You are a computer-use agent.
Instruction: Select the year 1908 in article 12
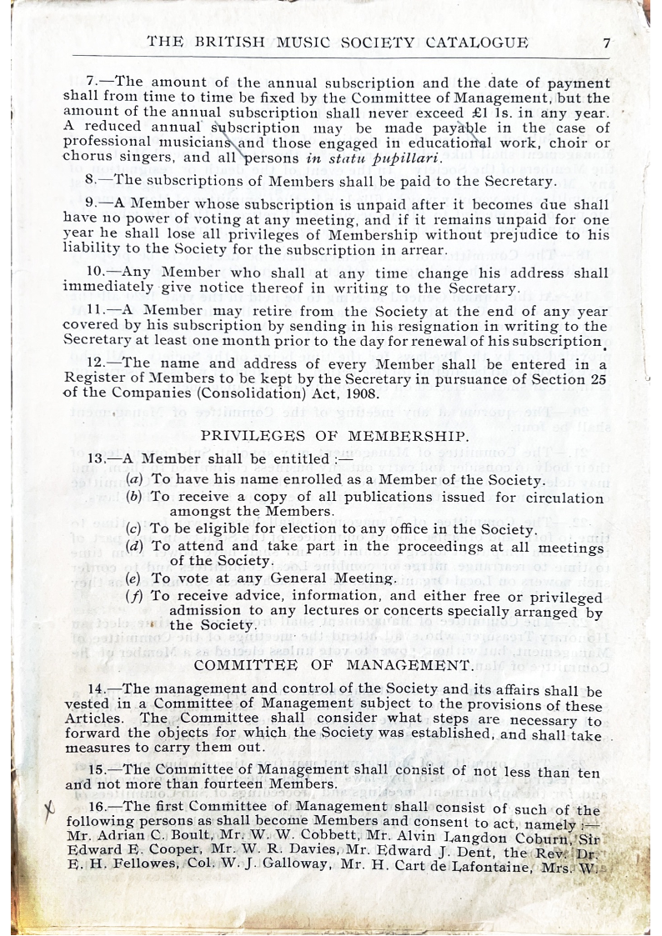372,393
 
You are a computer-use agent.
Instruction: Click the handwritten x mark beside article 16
49,807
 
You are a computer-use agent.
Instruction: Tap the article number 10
96,272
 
